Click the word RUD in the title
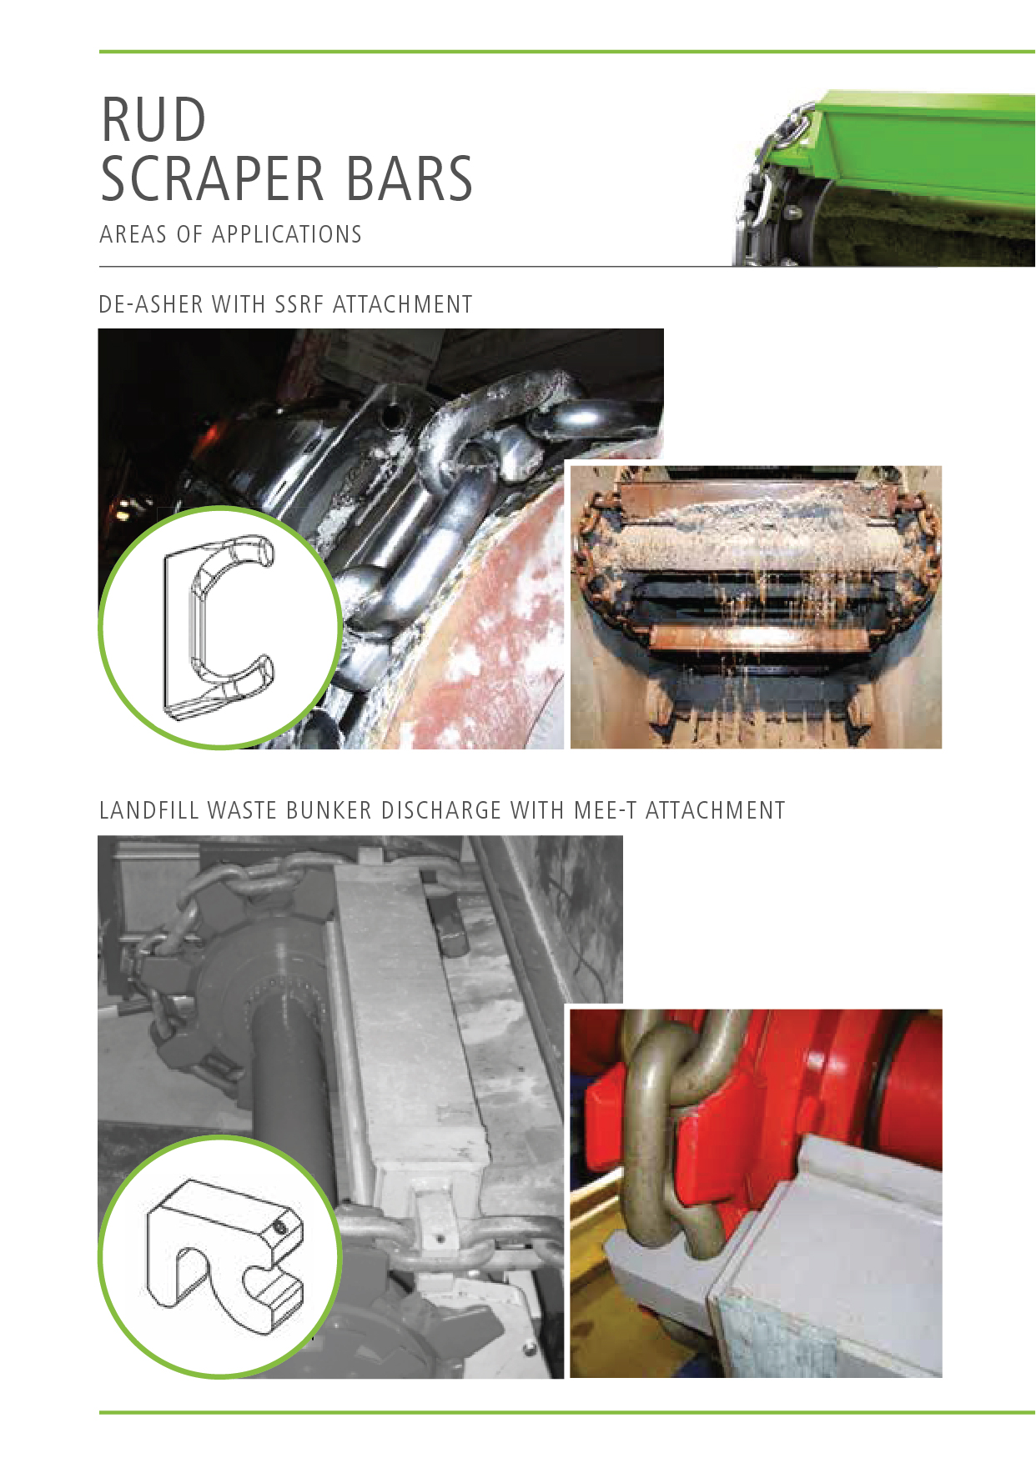[x=153, y=119]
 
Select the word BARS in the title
[x=409, y=178]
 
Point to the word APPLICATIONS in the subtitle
[x=287, y=234]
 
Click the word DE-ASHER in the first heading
[x=151, y=304]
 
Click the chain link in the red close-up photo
[x=659, y=1134]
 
